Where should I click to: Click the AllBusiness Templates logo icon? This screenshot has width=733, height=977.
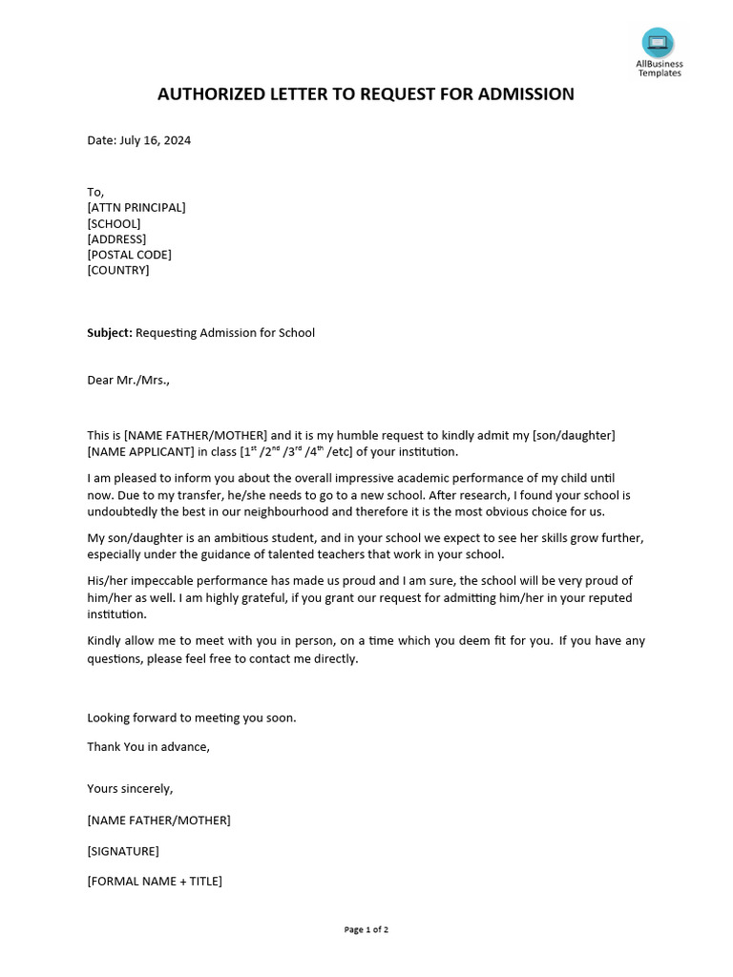(658, 43)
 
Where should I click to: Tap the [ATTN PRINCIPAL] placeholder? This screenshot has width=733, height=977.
(136, 207)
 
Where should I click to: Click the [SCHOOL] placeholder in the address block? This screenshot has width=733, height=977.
(114, 223)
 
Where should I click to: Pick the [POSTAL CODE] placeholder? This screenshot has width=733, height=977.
(130, 255)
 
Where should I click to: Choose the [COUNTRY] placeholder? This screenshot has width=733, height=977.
(118, 270)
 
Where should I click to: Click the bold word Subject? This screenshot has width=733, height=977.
(110, 333)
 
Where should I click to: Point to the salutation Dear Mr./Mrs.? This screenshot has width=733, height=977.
(129, 380)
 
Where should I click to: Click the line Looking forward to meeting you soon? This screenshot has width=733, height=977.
(192, 717)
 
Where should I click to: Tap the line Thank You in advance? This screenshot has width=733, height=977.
(148, 746)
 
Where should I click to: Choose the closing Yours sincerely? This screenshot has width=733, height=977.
(130, 788)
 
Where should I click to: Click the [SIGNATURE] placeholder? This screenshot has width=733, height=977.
(123, 851)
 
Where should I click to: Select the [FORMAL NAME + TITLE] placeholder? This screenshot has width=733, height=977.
(155, 881)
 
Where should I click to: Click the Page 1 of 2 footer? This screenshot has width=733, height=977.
(366, 929)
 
